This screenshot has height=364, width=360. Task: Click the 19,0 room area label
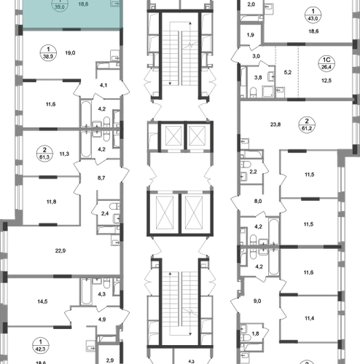(x=70, y=52)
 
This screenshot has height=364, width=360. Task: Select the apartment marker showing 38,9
(x=48, y=52)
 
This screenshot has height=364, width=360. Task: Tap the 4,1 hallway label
(x=103, y=85)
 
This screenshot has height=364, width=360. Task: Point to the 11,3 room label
(x=64, y=154)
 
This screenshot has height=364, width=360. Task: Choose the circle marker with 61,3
(x=44, y=154)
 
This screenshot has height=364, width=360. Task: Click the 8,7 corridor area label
(x=101, y=178)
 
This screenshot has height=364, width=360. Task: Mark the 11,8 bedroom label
(x=51, y=202)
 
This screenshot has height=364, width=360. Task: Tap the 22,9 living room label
(x=60, y=250)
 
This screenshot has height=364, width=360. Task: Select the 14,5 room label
(x=42, y=301)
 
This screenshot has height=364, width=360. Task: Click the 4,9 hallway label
(x=102, y=320)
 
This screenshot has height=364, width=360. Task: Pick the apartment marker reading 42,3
(x=41, y=346)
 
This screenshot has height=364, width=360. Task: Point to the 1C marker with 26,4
(x=326, y=63)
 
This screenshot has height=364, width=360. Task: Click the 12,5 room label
(x=326, y=80)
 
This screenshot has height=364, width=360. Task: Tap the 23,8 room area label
(x=275, y=124)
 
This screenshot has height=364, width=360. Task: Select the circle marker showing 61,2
(x=307, y=124)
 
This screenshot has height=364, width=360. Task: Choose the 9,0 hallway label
(x=257, y=301)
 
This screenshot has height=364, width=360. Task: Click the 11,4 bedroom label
(x=309, y=318)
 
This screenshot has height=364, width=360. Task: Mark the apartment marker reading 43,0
(x=313, y=15)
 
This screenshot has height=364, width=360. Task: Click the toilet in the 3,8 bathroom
(x=254, y=92)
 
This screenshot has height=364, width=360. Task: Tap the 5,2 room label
(x=288, y=72)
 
